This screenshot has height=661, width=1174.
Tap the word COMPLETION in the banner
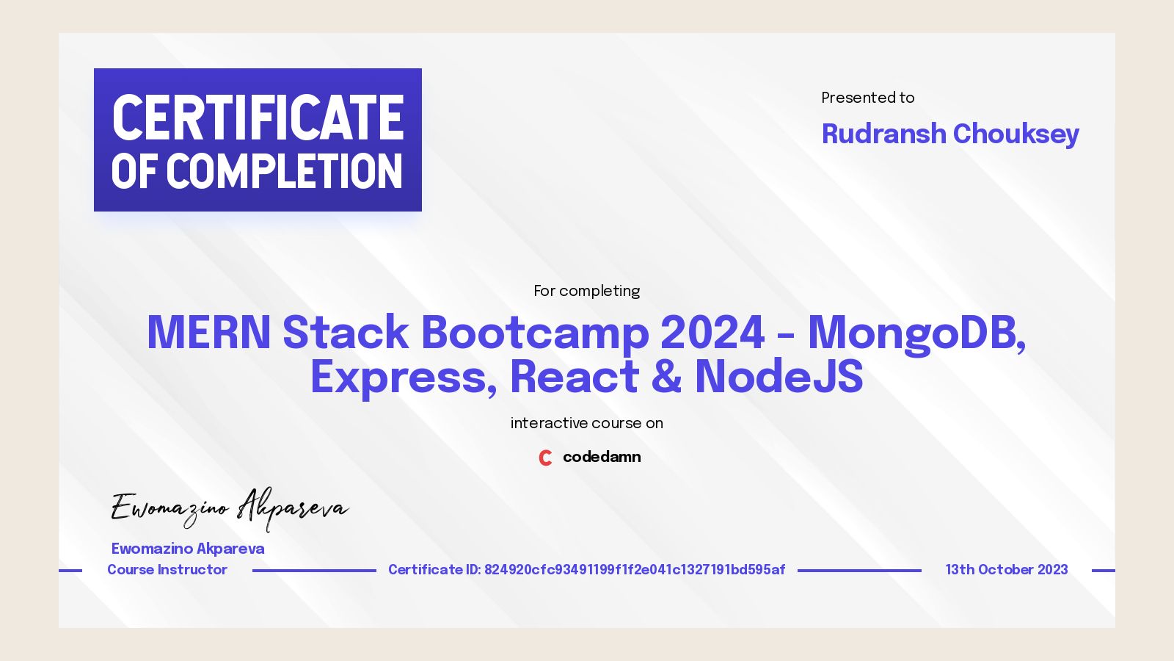click(x=285, y=172)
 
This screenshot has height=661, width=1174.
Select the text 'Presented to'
click(x=867, y=98)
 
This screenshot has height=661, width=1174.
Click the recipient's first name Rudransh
click(x=883, y=134)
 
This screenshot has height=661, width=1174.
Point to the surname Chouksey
click(x=1016, y=134)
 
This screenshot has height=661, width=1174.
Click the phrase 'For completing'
click(x=586, y=291)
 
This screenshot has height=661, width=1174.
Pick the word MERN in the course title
click(x=209, y=332)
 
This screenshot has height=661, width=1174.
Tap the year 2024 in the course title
click(x=712, y=332)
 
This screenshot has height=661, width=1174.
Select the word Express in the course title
click(x=398, y=378)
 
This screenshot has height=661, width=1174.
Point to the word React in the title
click(x=575, y=378)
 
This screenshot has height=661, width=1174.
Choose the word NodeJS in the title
click(x=779, y=378)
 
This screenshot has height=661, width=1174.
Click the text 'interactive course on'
click(x=586, y=423)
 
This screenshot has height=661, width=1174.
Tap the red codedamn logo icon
click(x=545, y=458)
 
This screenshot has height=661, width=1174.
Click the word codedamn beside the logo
click(x=602, y=457)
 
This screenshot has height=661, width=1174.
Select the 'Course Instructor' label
click(x=167, y=570)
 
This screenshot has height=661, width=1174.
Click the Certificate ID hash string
click(x=635, y=570)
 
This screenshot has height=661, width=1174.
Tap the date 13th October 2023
click(x=1006, y=570)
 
